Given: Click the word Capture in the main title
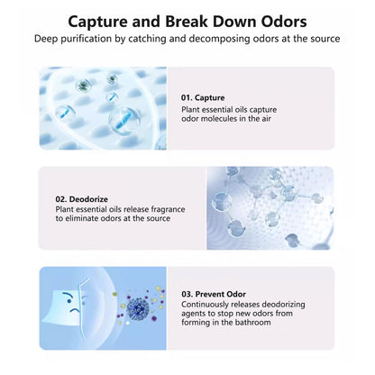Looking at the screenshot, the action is (97, 22).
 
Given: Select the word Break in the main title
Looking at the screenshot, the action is (187, 22).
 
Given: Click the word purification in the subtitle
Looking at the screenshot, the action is (93, 39).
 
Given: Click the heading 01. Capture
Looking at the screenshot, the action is (203, 98).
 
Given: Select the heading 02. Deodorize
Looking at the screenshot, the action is (82, 199).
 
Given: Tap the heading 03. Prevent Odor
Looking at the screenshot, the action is (214, 294).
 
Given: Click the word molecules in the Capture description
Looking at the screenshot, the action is (218, 119).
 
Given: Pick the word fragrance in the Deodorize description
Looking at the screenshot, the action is (168, 209).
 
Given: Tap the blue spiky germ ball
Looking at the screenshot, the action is (138, 308).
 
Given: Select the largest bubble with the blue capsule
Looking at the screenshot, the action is (124, 121).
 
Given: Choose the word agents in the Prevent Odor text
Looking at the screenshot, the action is (192, 315).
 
